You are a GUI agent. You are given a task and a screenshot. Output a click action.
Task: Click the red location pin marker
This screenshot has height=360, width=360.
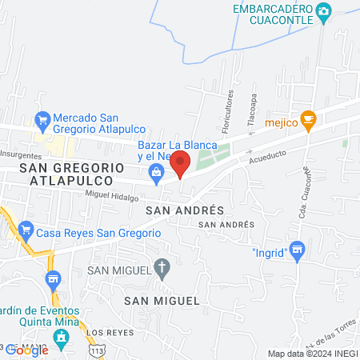[180, 165]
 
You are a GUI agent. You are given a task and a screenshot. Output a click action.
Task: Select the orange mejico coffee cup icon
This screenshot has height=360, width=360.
[309, 120]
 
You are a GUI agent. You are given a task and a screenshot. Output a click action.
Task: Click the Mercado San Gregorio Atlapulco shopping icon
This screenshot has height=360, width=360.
[43, 122]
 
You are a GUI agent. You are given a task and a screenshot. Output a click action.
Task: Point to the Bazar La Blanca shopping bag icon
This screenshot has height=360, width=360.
[156, 171]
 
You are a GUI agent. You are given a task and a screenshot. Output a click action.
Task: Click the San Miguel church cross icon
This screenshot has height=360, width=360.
[162, 269]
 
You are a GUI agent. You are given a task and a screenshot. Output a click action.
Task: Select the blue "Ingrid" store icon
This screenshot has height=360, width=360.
[298, 252]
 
